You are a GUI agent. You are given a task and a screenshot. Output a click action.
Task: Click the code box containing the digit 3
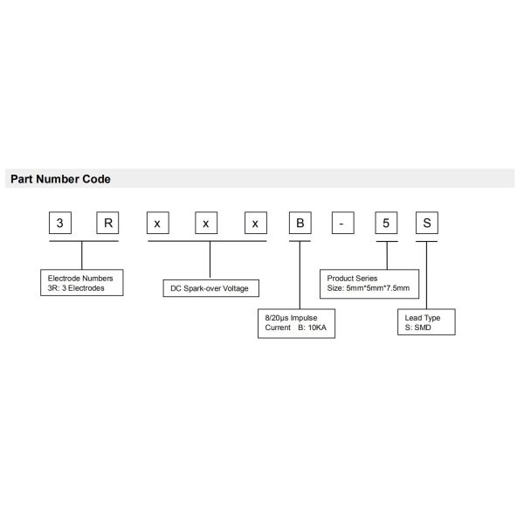click(x=60, y=223)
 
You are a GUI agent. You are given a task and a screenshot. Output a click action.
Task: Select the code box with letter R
click(x=107, y=223)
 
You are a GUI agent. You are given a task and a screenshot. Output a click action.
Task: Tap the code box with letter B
click(x=300, y=223)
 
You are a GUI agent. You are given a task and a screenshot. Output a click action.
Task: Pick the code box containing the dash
click(x=343, y=223)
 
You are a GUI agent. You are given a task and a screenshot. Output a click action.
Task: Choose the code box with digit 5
click(x=386, y=223)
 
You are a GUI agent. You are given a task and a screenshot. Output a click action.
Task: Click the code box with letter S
click(x=427, y=223)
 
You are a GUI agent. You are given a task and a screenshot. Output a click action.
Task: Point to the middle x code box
click(x=206, y=223)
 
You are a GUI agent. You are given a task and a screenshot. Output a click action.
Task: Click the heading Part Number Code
click(x=60, y=179)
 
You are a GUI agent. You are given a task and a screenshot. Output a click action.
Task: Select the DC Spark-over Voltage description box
click(x=210, y=288)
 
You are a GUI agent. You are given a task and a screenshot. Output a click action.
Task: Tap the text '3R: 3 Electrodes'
click(x=76, y=288)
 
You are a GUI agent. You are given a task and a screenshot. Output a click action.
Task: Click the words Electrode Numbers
click(x=80, y=278)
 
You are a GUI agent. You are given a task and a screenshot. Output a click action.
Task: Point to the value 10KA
click(x=317, y=327)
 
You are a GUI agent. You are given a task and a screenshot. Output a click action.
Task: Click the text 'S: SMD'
click(x=417, y=327)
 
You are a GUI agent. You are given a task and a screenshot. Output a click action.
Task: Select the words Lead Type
click(x=423, y=318)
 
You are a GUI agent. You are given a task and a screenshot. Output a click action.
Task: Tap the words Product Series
click(x=352, y=278)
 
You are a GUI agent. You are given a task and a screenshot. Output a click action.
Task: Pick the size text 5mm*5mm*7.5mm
click(x=378, y=288)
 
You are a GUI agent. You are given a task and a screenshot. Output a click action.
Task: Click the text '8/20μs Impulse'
click(x=291, y=318)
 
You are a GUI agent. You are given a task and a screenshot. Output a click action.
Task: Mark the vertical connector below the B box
click(x=300, y=275)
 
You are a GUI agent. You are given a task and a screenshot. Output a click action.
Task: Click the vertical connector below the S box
click(x=426, y=275)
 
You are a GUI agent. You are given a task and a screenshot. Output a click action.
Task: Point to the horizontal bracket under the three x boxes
click(x=207, y=241)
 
